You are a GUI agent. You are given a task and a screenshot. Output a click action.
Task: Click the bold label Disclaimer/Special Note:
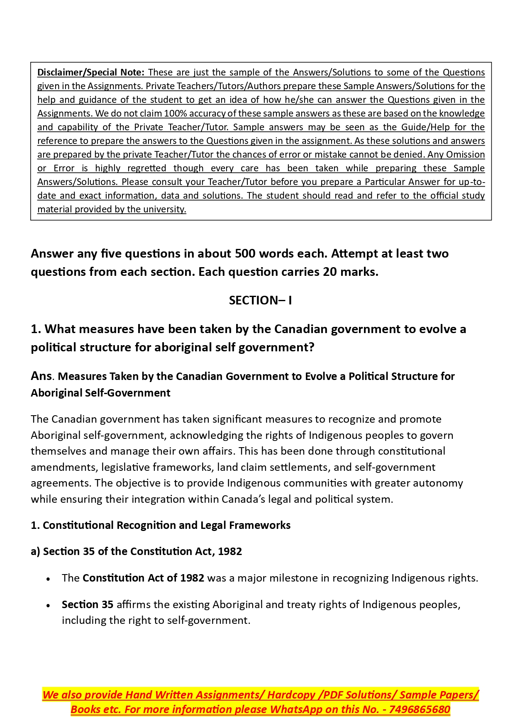tap(91, 73)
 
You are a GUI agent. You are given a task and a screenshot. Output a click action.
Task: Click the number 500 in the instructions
tap(246, 254)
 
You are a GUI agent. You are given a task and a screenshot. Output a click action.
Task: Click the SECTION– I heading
tap(260, 301)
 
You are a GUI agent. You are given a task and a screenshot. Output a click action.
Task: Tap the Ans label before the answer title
tap(41, 376)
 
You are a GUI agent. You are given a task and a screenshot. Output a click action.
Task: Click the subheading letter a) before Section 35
tap(35, 552)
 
